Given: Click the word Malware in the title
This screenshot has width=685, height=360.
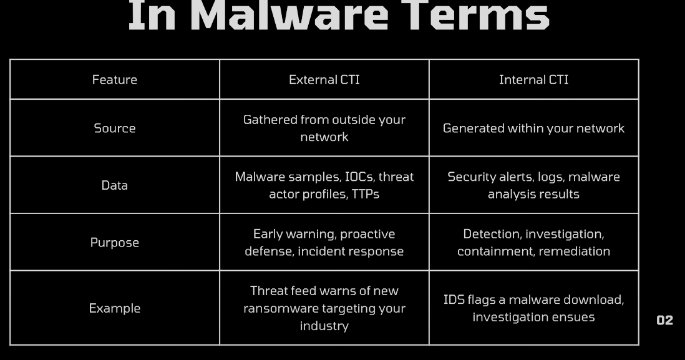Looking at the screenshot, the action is coord(289,16).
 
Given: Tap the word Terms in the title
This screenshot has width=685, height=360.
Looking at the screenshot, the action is coord(475,16).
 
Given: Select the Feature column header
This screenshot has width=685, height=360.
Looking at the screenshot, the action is coord(114,79).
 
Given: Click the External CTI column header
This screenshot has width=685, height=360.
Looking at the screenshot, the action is coord(324,79).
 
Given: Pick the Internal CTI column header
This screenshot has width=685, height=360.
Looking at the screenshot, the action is coord(534,79).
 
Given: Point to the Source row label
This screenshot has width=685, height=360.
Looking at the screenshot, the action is coord(114,128).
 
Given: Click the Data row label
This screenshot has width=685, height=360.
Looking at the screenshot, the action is coord(114,185).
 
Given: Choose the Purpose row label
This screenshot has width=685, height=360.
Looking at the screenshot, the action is coord(114,243).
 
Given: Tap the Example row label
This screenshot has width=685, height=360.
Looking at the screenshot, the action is coord(114,308).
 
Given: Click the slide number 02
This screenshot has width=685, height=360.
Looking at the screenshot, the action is coord(664,320).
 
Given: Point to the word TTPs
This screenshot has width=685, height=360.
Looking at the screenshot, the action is coord(365,194).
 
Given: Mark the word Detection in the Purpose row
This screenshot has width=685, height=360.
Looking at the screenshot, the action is coord(492,234).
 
